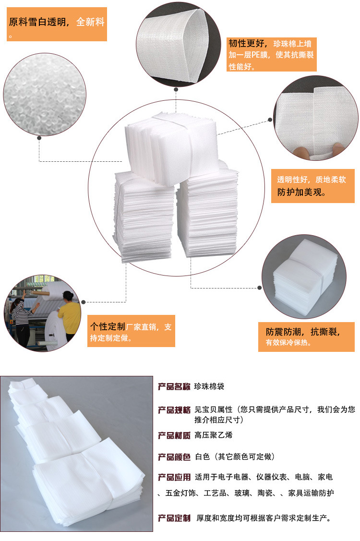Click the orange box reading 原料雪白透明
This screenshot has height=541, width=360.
(x=57, y=24)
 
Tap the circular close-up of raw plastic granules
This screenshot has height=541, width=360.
(x=45, y=94)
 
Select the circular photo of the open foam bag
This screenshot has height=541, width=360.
(x=178, y=44)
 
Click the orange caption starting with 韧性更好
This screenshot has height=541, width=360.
(x=271, y=55)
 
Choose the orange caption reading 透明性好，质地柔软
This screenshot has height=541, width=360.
(x=312, y=186)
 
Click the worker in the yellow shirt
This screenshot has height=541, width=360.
(x=69, y=315)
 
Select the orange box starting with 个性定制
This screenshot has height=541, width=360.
(x=131, y=331)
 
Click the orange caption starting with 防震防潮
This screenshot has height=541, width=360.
(x=306, y=337)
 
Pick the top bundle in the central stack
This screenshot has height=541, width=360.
(x=171, y=149)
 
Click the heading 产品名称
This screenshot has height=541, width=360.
(x=174, y=386)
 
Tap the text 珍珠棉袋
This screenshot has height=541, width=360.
(x=209, y=386)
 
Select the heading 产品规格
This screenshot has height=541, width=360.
(x=174, y=410)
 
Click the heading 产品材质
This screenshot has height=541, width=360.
(x=174, y=435)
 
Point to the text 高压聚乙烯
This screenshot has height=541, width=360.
(x=213, y=435)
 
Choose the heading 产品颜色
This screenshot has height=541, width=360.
(x=174, y=457)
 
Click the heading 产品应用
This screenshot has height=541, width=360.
(x=174, y=477)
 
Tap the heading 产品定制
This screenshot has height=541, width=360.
(x=174, y=518)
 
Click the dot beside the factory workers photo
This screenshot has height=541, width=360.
(x=84, y=302)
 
